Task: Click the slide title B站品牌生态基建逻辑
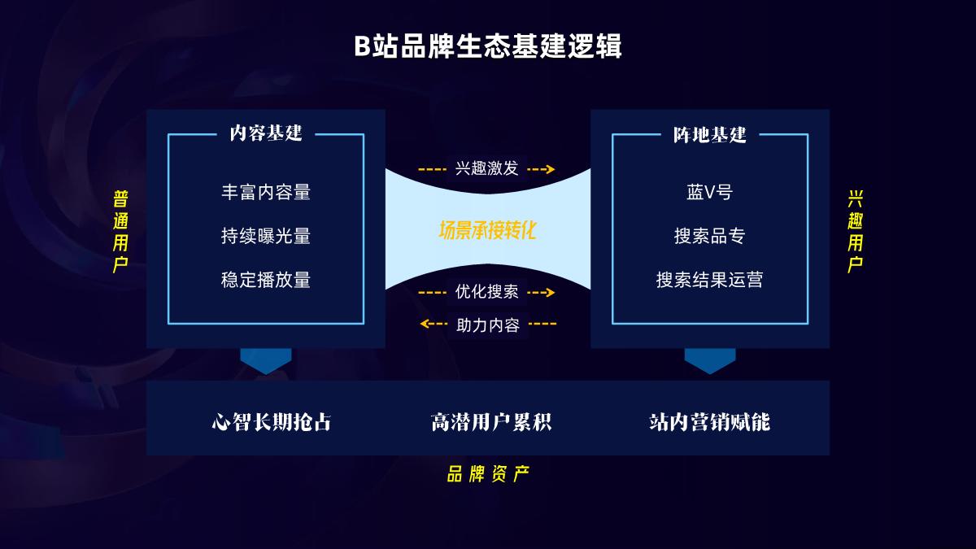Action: [x=488, y=46]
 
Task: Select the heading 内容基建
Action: [x=266, y=134]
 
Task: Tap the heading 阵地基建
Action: [x=710, y=134]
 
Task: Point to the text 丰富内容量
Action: [x=266, y=193]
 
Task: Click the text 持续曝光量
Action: [x=266, y=237]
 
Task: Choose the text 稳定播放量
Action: [x=266, y=281]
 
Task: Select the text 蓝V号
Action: [x=710, y=193]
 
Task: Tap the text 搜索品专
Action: [x=710, y=237]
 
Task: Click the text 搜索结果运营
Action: [x=710, y=281]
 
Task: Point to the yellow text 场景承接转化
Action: [x=488, y=230]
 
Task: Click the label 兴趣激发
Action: [x=486, y=169]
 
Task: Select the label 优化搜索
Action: [x=486, y=292]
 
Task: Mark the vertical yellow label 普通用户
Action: [x=121, y=232]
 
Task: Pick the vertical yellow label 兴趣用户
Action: [x=856, y=232]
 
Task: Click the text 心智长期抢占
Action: [x=272, y=422]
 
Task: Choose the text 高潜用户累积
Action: [x=491, y=422]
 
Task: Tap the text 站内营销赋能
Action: [x=709, y=422]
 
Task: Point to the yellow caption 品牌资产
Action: [x=488, y=475]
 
